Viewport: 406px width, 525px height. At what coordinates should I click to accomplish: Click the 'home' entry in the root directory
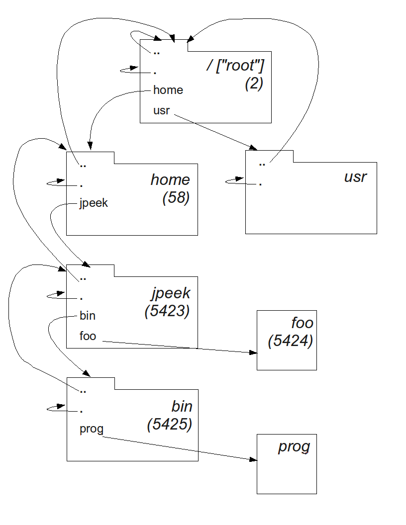click(168, 90)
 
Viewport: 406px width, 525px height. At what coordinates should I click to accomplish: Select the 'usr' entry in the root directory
click(162, 110)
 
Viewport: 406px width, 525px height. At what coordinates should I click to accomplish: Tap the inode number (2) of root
click(254, 84)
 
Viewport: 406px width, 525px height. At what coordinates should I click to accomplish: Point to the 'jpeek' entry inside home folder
click(94, 203)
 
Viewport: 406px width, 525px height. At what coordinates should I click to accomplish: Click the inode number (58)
click(176, 197)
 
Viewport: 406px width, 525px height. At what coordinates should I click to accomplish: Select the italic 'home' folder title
click(170, 179)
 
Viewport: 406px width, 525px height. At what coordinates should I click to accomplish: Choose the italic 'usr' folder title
click(355, 176)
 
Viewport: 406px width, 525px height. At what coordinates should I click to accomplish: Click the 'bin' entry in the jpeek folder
click(88, 316)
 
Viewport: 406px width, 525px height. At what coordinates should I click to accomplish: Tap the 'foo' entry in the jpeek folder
click(88, 336)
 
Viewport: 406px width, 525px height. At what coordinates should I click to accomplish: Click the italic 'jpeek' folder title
click(171, 293)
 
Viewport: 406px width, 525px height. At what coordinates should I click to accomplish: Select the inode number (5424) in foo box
click(290, 342)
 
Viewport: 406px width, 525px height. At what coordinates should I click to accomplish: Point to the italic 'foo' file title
click(302, 323)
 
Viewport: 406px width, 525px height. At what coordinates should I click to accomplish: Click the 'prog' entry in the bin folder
click(92, 429)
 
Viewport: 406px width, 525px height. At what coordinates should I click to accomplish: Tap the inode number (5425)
click(169, 425)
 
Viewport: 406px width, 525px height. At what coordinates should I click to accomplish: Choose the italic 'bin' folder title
click(182, 406)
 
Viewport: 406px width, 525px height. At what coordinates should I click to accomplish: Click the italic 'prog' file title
click(294, 446)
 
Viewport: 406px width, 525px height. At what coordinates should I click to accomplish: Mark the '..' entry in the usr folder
click(262, 163)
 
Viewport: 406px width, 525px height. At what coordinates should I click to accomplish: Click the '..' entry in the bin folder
click(83, 391)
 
